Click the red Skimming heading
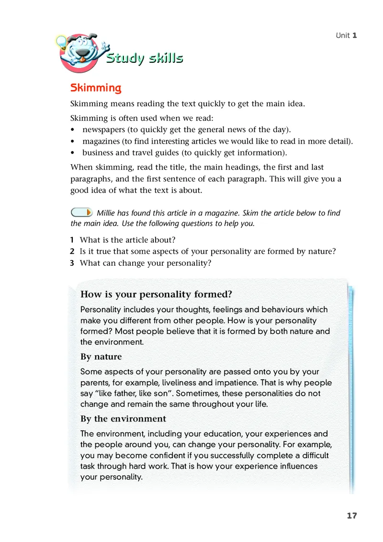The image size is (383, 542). [96, 88]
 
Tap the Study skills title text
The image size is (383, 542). [144, 58]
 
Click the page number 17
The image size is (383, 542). [352, 516]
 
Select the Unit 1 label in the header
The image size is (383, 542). [347, 35]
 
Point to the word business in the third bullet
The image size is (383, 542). [98, 153]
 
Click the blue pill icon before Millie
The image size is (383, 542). [81, 212]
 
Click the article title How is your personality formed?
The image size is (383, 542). [156, 294]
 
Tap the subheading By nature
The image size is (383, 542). [101, 357]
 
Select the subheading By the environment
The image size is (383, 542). [123, 419]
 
